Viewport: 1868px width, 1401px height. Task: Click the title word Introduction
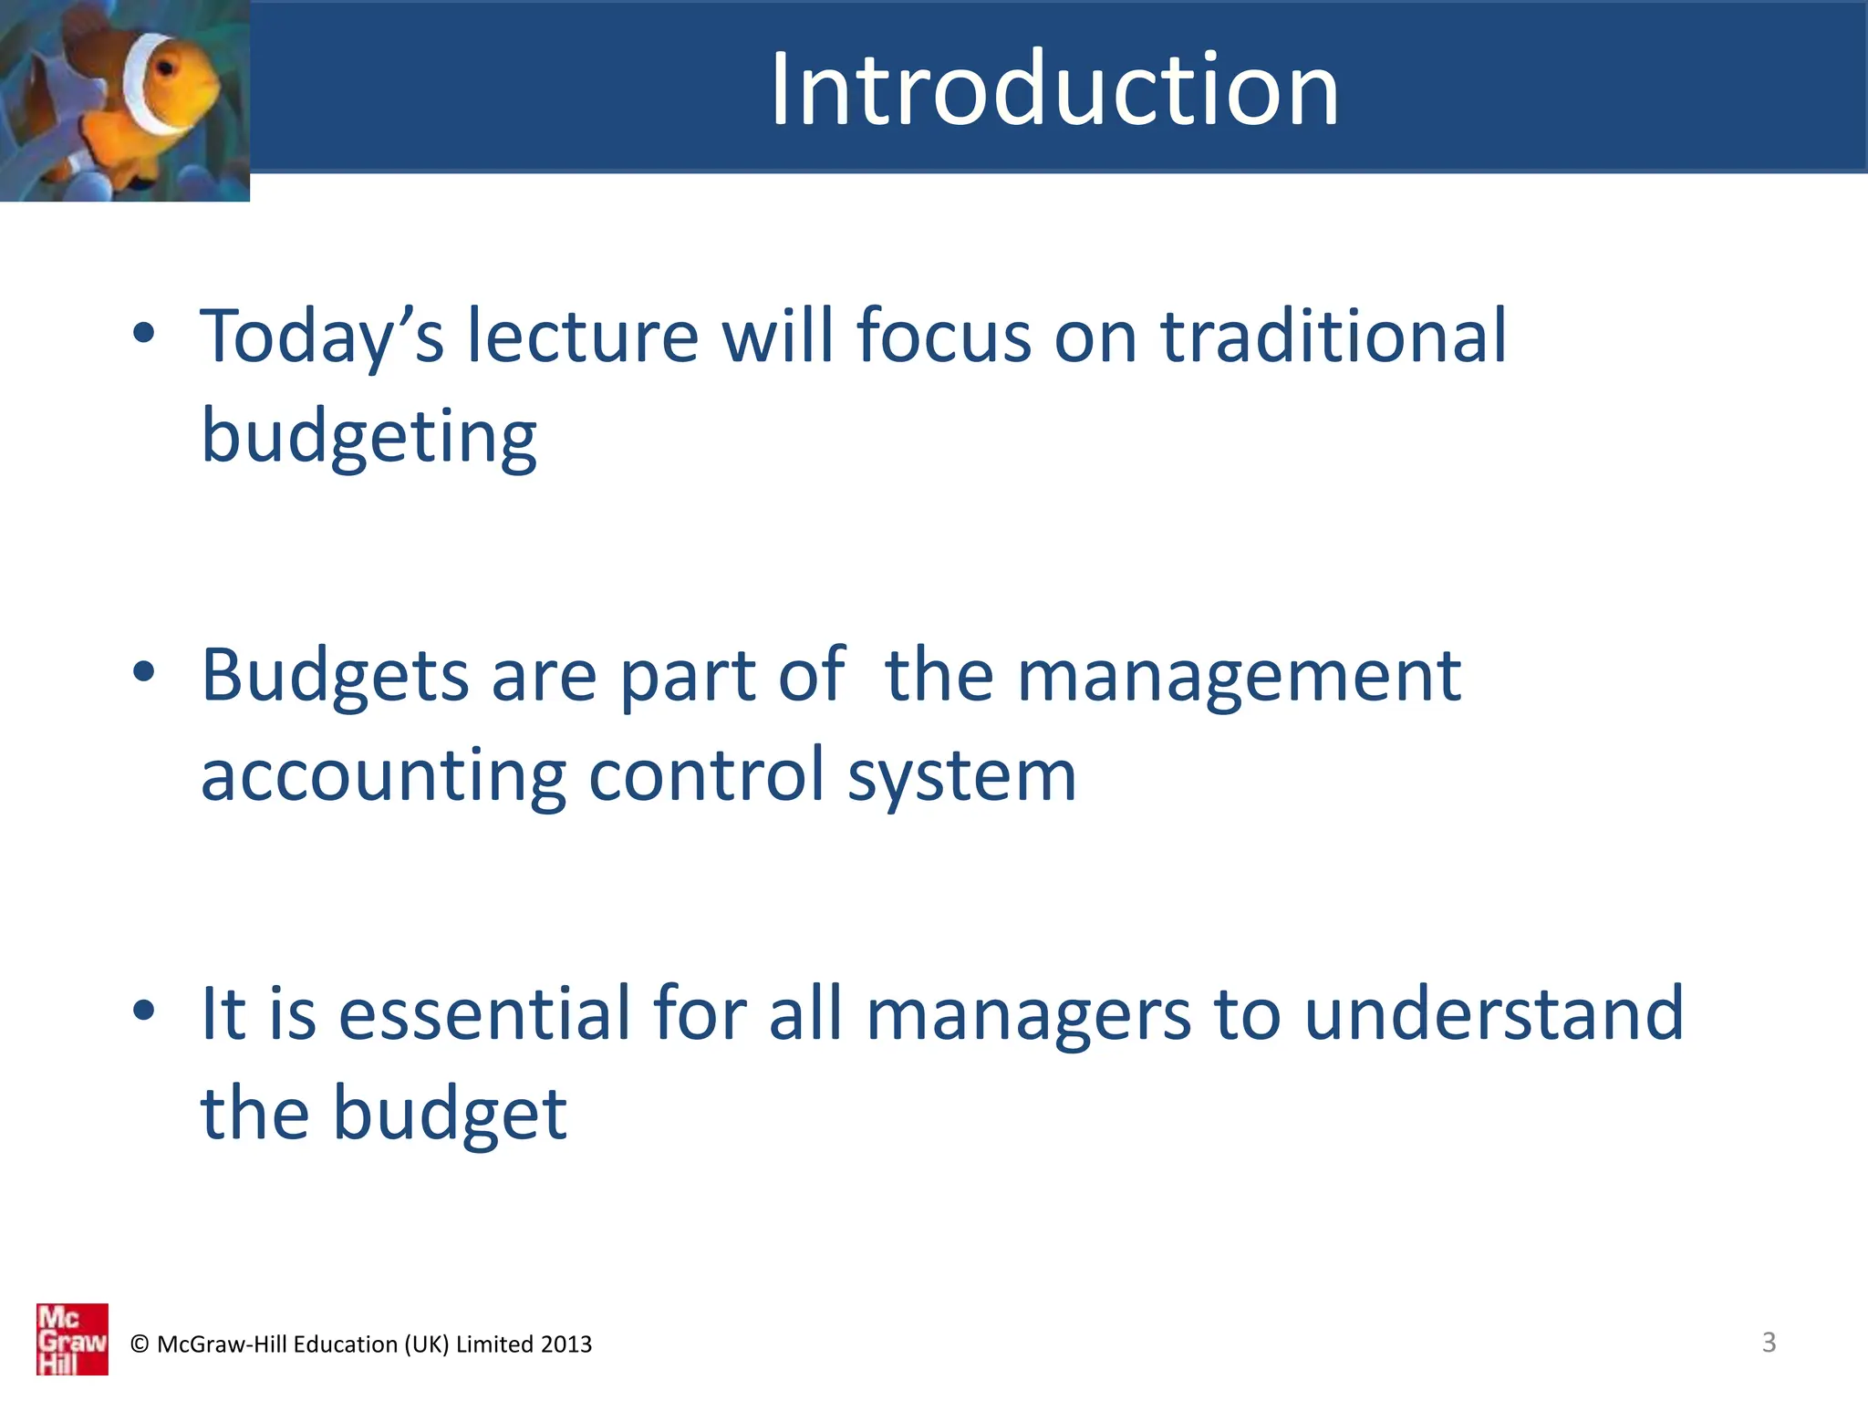click(1054, 89)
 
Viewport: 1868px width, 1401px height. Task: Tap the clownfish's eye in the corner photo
click(167, 69)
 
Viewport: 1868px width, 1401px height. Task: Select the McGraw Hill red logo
click(72, 1339)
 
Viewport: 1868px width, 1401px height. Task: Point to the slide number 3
click(1769, 1342)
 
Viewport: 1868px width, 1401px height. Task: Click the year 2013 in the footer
click(566, 1344)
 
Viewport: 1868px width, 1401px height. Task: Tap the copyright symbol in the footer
click(140, 1344)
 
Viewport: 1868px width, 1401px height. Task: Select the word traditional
click(1333, 336)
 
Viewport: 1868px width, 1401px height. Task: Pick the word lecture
click(583, 336)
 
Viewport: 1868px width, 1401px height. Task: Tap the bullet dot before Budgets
click(143, 672)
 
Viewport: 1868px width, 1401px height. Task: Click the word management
click(1239, 677)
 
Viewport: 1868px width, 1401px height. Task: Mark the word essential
click(484, 1013)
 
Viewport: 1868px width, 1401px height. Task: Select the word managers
click(1028, 1015)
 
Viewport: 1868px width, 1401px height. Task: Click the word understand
click(1494, 1013)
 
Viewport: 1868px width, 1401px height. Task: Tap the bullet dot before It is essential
click(143, 1010)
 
